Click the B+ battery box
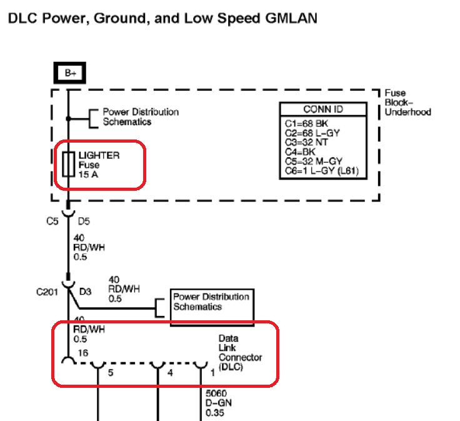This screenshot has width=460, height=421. click(x=70, y=73)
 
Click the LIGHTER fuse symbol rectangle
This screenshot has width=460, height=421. click(x=68, y=165)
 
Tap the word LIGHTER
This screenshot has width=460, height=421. click(x=99, y=155)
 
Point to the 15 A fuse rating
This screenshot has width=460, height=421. click(x=88, y=175)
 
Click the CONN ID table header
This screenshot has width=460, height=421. click(x=323, y=109)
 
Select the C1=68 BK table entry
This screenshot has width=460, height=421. click(x=306, y=124)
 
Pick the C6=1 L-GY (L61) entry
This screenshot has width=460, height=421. click(x=322, y=171)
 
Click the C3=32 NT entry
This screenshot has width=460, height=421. click(x=306, y=143)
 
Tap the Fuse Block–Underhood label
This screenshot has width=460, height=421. click(x=407, y=103)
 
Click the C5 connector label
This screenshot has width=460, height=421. click(x=52, y=221)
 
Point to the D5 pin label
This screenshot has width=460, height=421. click(x=84, y=221)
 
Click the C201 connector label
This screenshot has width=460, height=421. click(x=47, y=292)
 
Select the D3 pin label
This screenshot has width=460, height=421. click(x=86, y=292)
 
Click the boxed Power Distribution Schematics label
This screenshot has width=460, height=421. click(x=211, y=302)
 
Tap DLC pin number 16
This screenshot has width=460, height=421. click(x=83, y=353)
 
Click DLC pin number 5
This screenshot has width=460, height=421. click(x=111, y=373)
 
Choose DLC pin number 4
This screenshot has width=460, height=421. click(x=170, y=373)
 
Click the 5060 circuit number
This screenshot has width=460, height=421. click(x=216, y=393)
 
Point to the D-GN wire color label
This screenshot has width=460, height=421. click(x=219, y=403)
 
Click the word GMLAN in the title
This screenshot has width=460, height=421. click(x=291, y=18)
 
